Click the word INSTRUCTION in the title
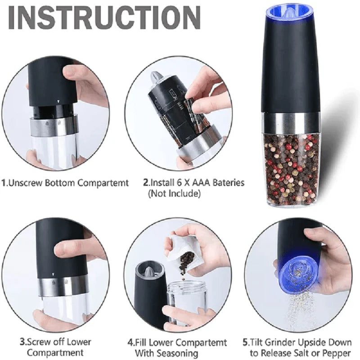pyautogui.click(x=104, y=19)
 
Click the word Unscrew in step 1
pyautogui.click(x=27, y=183)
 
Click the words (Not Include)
pyautogui.click(x=174, y=193)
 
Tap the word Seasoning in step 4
pyautogui.click(x=166, y=353)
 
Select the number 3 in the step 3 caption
pyautogui.click(x=21, y=343)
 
